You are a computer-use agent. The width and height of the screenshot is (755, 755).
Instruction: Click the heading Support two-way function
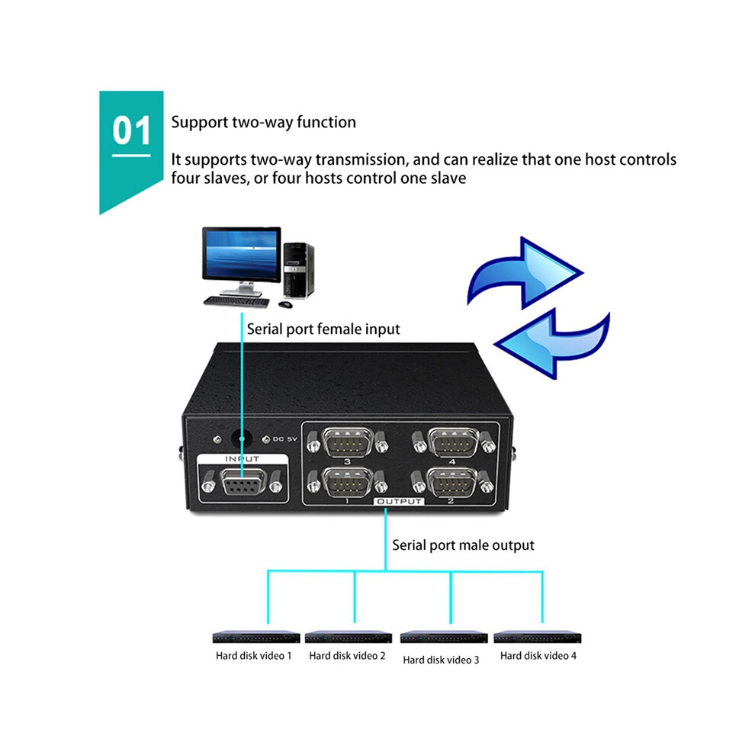pyautogui.click(x=263, y=122)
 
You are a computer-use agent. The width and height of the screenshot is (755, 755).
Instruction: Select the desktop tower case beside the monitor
pyautogui.click(x=298, y=271)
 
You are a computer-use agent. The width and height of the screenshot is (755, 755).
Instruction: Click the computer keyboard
pyautogui.click(x=236, y=303)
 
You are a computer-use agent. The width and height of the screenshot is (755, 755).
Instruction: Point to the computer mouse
pyautogui.click(x=285, y=304)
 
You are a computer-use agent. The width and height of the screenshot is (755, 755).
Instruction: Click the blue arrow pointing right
pyautogui.click(x=525, y=273)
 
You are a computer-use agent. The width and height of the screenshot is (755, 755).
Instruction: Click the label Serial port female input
pyautogui.click(x=323, y=329)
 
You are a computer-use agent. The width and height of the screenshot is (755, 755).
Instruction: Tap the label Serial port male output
pyautogui.click(x=463, y=545)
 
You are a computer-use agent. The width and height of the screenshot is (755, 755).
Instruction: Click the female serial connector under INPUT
pyautogui.click(x=243, y=481)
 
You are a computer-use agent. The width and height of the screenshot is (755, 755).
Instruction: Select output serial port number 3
pyautogui.click(x=348, y=442)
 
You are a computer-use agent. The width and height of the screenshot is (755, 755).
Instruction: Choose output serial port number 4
pyautogui.click(x=453, y=442)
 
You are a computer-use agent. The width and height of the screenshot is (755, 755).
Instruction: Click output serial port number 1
pyautogui.click(x=347, y=482)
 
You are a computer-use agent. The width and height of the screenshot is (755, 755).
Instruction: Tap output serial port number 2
pyautogui.click(x=452, y=482)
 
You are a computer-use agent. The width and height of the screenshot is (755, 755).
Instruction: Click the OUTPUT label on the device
pyautogui.click(x=399, y=501)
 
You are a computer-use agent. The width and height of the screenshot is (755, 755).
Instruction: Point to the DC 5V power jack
pyautogui.click(x=242, y=439)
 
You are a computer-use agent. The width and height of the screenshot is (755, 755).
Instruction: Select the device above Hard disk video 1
pyautogui.click(x=256, y=637)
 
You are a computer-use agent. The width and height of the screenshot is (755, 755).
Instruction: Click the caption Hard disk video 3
pyautogui.click(x=441, y=660)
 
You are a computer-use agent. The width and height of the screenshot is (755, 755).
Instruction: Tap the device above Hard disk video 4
pyautogui.click(x=538, y=637)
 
